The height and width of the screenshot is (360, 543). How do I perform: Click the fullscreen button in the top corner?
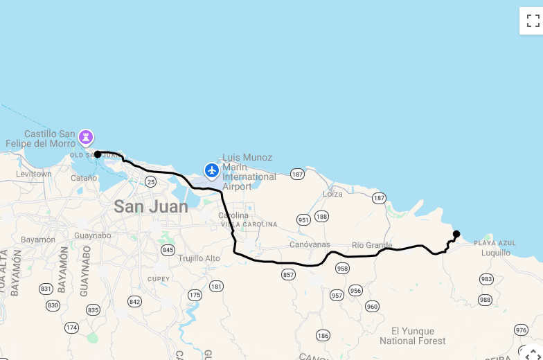pos(532,20)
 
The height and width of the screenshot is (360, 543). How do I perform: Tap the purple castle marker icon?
pos(86,137)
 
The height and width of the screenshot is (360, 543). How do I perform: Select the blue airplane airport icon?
pos(212,170)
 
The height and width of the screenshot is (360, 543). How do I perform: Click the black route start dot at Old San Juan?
pos(98,154)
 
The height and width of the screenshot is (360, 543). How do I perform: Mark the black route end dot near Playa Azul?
pos(456,234)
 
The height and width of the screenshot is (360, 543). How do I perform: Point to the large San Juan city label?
pos(151,206)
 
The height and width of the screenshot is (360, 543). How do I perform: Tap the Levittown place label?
pos(34,174)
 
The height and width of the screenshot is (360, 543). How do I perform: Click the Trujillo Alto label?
pos(199,258)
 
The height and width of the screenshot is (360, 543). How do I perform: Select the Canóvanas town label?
pos(309,245)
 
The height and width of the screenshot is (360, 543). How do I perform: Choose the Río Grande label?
pos(372,245)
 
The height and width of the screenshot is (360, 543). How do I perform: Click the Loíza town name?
pos(332,194)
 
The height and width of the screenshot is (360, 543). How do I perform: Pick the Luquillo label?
pos(495,253)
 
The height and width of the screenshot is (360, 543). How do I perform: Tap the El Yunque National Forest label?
pos(413,336)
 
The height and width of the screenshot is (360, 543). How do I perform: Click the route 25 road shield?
pos(151,181)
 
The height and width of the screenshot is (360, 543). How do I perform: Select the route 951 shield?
pos(303,219)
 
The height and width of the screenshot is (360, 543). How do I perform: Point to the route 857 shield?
pos(289,275)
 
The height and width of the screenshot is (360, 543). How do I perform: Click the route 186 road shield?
pos(323,336)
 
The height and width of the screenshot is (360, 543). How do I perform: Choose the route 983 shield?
pos(486,279)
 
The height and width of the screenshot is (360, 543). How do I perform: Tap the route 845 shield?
pos(168,249)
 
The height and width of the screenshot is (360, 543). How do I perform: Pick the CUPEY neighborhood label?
pos(158,279)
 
